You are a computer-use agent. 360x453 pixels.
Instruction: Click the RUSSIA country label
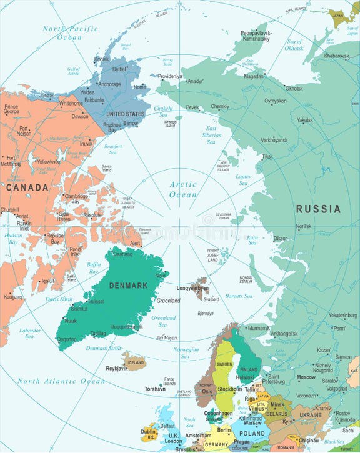318,209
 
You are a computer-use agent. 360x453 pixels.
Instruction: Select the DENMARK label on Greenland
128,286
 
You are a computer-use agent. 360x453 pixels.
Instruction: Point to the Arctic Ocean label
183,189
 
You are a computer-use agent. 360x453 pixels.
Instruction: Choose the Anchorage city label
109,84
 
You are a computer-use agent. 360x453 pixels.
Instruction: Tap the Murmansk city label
259,327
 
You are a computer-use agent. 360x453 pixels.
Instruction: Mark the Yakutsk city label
305,120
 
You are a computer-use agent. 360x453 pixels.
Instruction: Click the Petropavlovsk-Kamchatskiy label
262,35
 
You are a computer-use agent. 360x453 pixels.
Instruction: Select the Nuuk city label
71,321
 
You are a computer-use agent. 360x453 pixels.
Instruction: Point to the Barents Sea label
238,296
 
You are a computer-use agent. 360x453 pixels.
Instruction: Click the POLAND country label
252,433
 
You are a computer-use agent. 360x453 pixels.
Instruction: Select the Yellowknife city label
48,161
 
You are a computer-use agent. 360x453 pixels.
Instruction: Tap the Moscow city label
306,377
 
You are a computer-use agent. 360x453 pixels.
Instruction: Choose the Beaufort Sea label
112,149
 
